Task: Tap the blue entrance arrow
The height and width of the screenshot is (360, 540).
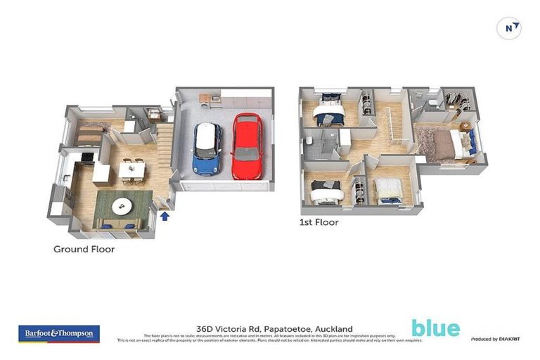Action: point(165,216)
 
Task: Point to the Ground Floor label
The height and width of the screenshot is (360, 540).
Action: point(84,249)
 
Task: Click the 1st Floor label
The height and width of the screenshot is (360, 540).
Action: point(319,222)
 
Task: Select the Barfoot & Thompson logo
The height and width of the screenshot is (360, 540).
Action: point(59,333)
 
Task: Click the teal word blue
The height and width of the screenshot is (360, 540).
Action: point(435,328)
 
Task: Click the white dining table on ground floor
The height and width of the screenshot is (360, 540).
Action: point(131,169)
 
